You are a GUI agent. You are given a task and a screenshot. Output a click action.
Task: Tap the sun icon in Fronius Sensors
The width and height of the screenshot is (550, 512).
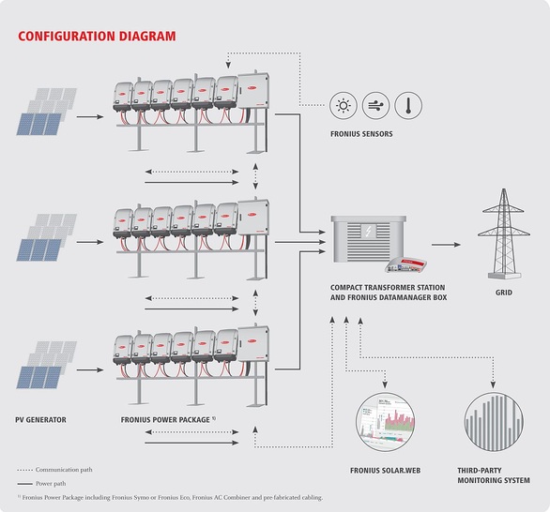tap(344, 105)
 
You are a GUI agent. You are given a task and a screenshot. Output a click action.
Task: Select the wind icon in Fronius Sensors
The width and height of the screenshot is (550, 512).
tap(375, 105)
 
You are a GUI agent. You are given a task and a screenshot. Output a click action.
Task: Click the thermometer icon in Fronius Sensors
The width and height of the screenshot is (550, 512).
tap(407, 105)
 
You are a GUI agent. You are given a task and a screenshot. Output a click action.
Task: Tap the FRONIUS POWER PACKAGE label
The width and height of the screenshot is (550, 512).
tap(162, 419)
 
